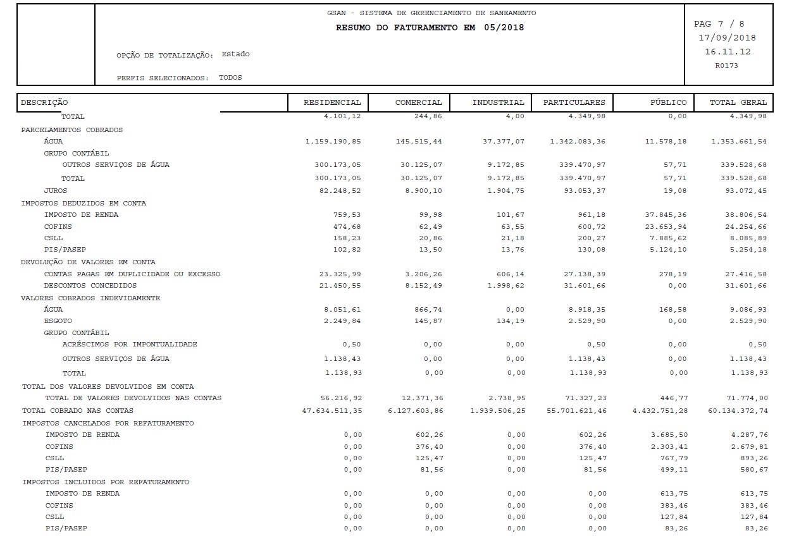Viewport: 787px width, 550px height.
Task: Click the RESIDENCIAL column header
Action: (x=332, y=102)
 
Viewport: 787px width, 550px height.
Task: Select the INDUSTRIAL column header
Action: (x=498, y=102)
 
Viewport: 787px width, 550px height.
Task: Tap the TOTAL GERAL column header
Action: (x=738, y=102)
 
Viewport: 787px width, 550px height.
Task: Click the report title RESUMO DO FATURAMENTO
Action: (x=430, y=28)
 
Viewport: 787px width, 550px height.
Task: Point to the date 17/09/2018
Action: (x=727, y=38)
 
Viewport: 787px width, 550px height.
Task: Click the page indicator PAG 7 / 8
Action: (x=719, y=24)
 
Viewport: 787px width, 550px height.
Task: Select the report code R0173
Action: (x=726, y=65)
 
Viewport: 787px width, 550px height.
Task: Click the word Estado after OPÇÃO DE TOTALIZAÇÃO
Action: (x=235, y=54)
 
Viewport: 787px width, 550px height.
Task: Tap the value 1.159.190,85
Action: (x=333, y=142)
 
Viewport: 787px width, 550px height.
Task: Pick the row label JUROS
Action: (x=56, y=190)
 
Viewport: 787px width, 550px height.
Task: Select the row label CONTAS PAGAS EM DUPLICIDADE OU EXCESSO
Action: (x=132, y=274)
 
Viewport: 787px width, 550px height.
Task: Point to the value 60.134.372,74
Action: (x=738, y=411)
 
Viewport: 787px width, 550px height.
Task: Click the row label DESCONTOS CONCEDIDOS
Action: (x=90, y=286)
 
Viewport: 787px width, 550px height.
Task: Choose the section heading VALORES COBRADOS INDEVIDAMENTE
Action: (x=90, y=298)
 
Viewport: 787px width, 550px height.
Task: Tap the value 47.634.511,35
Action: (x=332, y=411)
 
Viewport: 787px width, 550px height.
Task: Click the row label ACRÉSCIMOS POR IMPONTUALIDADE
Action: (x=130, y=345)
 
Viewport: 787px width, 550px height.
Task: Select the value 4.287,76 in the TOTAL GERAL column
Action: (x=749, y=435)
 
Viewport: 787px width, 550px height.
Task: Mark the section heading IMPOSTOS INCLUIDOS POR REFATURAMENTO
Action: (x=106, y=482)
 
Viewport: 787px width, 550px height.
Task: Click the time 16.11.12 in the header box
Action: (x=728, y=52)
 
